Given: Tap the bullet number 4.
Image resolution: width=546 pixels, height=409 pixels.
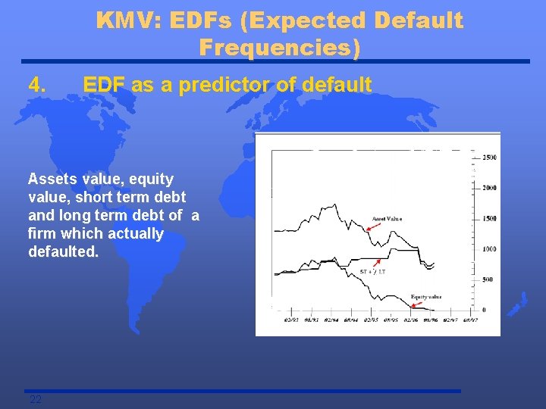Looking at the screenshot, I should (x=37, y=85).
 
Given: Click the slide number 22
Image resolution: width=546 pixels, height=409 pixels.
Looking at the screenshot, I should (x=35, y=400).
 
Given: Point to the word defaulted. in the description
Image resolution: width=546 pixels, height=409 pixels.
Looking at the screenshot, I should (x=63, y=251).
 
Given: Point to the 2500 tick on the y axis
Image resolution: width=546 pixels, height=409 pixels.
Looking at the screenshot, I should (x=490, y=157).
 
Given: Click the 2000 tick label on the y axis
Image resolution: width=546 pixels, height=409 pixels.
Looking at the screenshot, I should (x=490, y=187).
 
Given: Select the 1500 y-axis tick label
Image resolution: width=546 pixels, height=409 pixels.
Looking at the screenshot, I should (x=490, y=218).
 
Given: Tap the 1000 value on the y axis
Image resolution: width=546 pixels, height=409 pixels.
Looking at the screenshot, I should (x=490, y=249).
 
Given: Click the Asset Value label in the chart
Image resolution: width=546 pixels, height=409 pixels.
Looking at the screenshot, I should (x=387, y=219).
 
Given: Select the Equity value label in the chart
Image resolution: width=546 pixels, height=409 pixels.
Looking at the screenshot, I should (x=425, y=296).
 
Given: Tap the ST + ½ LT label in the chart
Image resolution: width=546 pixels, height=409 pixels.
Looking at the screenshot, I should (x=372, y=271).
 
